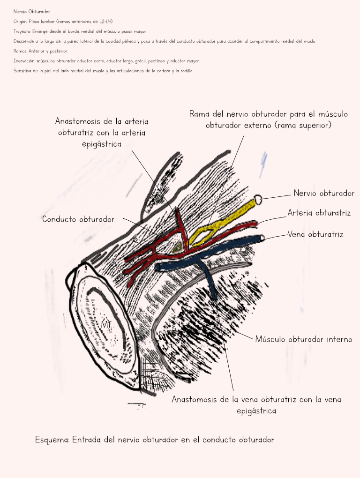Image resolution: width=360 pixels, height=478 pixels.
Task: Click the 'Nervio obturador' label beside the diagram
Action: [x=324, y=193]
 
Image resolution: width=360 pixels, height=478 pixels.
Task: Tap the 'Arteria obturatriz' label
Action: [x=319, y=213]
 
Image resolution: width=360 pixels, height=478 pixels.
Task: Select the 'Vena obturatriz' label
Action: [x=315, y=234]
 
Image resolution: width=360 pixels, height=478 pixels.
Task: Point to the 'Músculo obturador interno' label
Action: [x=303, y=339]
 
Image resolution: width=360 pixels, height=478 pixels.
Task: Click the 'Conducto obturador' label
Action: [x=78, y=219]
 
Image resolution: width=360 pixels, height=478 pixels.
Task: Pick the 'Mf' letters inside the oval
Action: [x=106, y=324]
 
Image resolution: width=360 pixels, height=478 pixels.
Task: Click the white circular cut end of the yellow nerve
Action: [x=257, y=199]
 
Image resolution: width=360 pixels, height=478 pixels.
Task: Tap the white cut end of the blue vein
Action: [x=262, y=238]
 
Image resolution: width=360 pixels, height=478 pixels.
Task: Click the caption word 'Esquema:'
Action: [x=52, y=440]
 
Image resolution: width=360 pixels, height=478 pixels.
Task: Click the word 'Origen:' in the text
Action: [x=21, y=22]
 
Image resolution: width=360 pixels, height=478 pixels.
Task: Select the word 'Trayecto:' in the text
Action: [x=22, y=31]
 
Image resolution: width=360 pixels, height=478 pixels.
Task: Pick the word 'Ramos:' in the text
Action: [x=20, y=51]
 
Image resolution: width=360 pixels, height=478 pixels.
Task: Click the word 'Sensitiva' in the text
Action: [x=23, y=71]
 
